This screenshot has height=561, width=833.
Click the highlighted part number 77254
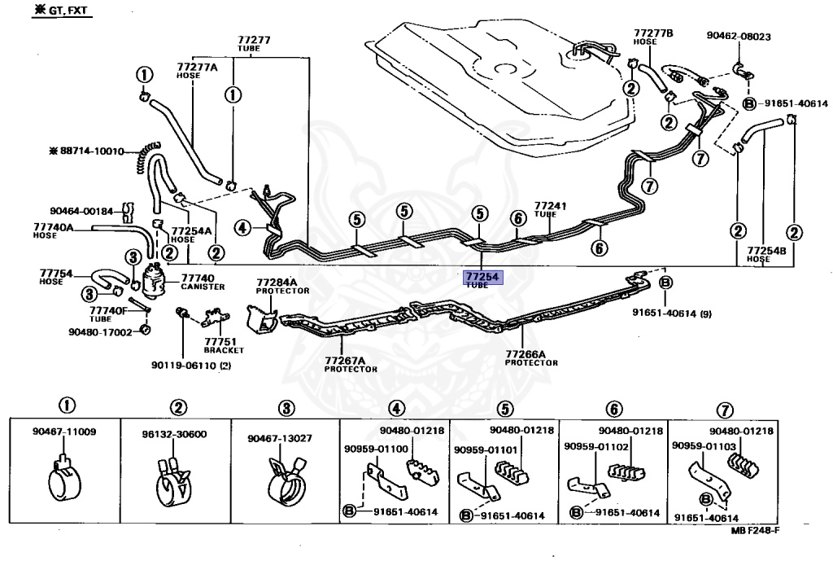point(482,277)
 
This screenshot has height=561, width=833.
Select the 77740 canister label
point(203,282)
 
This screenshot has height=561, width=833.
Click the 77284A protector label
point(282,286)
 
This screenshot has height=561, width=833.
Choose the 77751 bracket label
point(224,346)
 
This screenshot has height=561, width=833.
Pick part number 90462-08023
point(739,36)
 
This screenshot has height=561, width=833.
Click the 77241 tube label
point(550,209)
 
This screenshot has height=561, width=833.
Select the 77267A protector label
point(351,364)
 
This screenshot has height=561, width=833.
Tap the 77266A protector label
point(531,358)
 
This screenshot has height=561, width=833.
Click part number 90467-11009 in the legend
point(64,432)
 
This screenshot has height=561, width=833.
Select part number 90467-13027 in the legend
point(280,438)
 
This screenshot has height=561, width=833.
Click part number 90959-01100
point(376,449)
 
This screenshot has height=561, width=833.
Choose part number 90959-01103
point(704,445)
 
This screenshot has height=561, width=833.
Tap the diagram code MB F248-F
point(755,531)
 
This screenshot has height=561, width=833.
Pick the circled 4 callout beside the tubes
point(242,228)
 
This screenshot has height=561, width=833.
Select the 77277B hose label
point(653,37)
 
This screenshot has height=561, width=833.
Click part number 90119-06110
point(191,366)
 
